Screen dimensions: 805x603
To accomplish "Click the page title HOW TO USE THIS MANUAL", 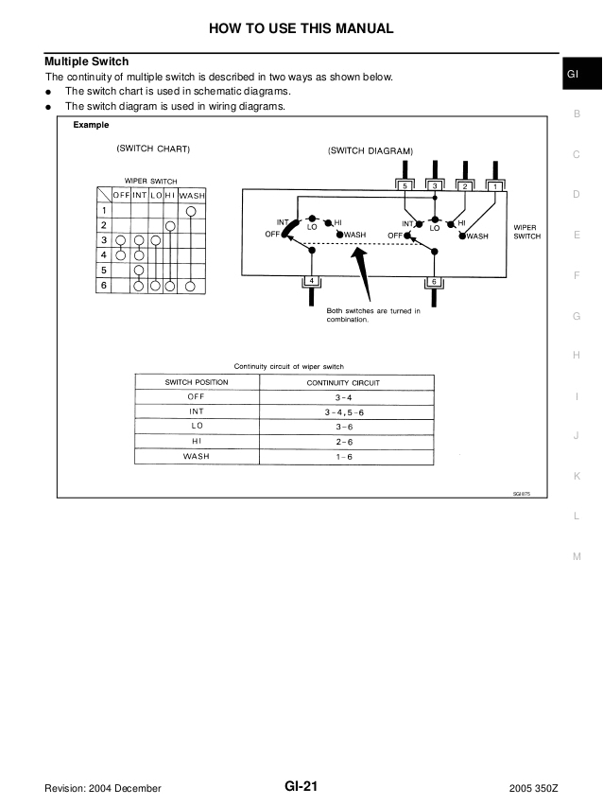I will [301, 28].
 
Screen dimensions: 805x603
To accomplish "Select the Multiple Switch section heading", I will [87, 61].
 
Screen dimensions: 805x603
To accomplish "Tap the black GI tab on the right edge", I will [575, 75].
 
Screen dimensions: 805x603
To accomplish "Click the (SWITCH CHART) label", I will [153, 149].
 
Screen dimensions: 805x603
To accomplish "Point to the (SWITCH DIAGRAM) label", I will [370, 150].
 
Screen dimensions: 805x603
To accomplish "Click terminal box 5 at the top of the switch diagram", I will [405, 186].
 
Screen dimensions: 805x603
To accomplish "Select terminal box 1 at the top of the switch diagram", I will [494, 186].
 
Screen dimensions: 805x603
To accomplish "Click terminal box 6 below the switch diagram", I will [433, 282].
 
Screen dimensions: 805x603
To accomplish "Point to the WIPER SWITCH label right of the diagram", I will [526, 232].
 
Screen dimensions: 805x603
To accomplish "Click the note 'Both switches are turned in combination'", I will [373, 315].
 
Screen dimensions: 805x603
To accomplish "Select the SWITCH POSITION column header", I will [196, 382].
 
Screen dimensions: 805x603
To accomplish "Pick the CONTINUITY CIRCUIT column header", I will [345, 382].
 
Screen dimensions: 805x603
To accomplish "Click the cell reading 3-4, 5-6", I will [345, 411].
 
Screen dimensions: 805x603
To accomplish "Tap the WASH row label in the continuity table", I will [196, 456].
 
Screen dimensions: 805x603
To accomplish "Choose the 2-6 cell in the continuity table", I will [345, 441].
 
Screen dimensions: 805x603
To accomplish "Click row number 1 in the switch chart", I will [104, 210].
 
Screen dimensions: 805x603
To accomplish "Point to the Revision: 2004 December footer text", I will [102, 788].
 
